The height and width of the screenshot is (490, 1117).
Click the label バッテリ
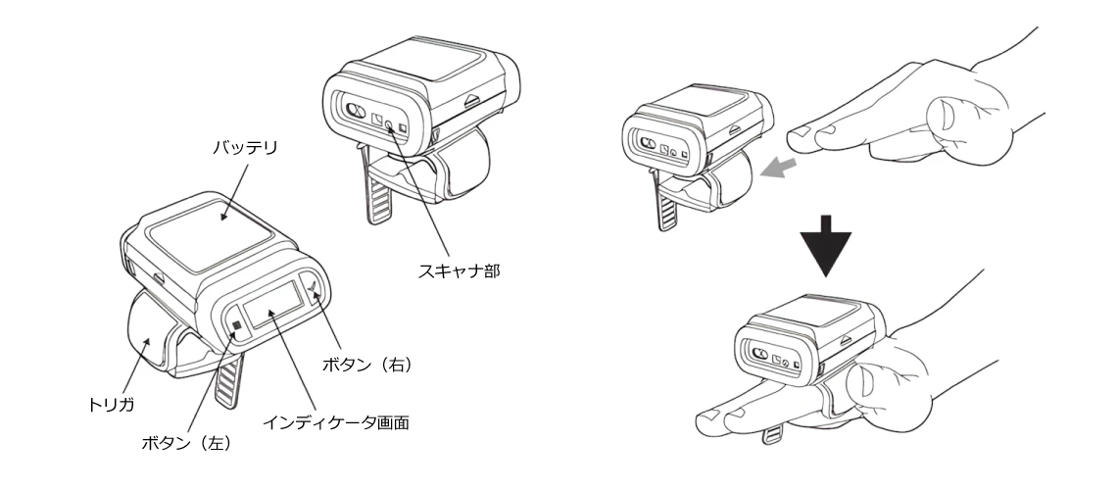pos(245,148)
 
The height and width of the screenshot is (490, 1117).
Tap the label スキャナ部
pos(459,270)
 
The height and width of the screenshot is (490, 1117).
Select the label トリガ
pos(111,405)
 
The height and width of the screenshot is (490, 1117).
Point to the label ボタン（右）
pos(366,365)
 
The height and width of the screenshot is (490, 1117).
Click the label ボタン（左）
pos(186,443)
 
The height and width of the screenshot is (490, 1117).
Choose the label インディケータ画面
pos(335,422)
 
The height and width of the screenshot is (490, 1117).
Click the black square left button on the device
pos(237,326)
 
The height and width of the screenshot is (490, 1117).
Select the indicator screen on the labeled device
pos(271,305)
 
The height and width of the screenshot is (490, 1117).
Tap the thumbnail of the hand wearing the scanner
pos(867,376)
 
